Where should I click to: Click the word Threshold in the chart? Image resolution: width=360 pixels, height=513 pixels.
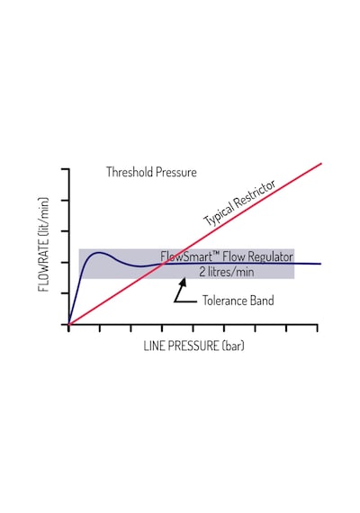(130, 172)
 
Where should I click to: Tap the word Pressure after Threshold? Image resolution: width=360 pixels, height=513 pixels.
(176, 172)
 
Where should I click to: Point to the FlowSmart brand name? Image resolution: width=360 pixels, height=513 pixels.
(186, 256)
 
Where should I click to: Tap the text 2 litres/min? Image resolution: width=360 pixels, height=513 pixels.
(227, 272)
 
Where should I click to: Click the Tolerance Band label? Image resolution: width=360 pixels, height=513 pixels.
(238, 301)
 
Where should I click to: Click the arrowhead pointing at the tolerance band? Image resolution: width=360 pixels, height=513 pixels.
(184, 282)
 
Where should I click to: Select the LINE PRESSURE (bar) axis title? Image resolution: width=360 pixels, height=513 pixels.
(194, 346)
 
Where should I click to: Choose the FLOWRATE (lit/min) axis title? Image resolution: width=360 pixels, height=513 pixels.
(43, 245)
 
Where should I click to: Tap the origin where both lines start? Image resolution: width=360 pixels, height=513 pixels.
(69, 324)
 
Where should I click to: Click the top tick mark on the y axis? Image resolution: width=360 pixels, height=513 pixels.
(65, 169)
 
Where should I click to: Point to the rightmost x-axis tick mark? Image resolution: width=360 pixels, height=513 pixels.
(317, 328)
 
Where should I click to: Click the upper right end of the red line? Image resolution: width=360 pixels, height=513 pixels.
(321, 163)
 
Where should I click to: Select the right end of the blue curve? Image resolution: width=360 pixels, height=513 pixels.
(320, 264)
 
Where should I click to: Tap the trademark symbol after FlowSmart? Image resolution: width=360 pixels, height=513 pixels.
(216, 254)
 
